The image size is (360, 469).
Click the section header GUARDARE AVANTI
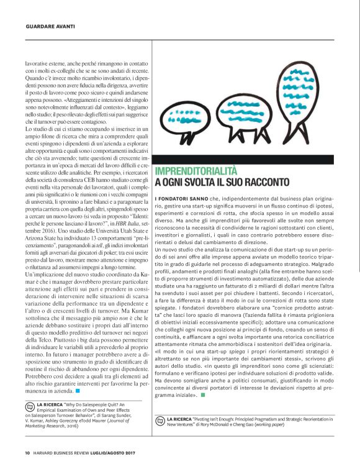coord(50,27)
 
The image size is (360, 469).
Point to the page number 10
coord(28,452)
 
